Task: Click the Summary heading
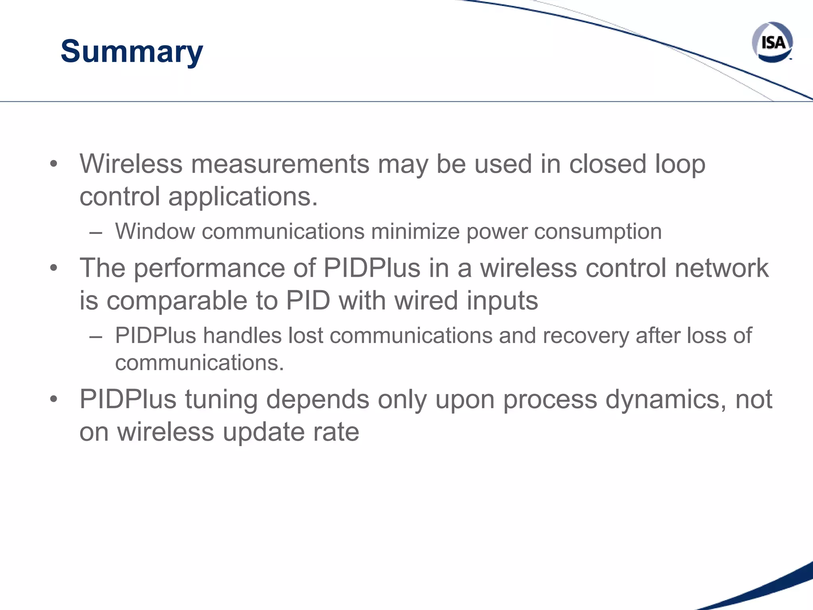[x=131, y=52]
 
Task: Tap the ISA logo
[x=773, y=42]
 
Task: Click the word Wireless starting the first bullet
[x=131, y=164]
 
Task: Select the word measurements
[x=280, y=164]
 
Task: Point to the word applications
[x=243, y=197]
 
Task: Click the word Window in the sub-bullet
[x=155, y=231]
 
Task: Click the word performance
[x=209, y=268]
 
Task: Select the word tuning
[x=221, y=399]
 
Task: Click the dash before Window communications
[x=96, y=232]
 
